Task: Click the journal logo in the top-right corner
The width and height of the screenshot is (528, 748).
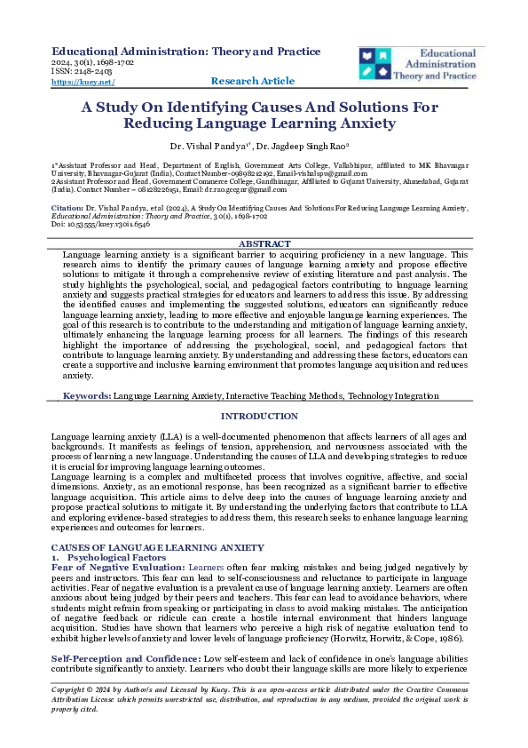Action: [x=418, y=63]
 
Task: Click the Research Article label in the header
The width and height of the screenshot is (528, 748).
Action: [x=253, y=81]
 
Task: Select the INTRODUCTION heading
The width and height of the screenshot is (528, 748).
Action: [x=259, y=417]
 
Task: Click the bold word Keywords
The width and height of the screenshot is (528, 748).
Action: [x=87, y=395]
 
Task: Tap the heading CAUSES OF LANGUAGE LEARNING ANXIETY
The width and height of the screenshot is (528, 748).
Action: [x=157, y=546]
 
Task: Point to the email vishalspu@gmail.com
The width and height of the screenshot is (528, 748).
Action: [x=351, y=175]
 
